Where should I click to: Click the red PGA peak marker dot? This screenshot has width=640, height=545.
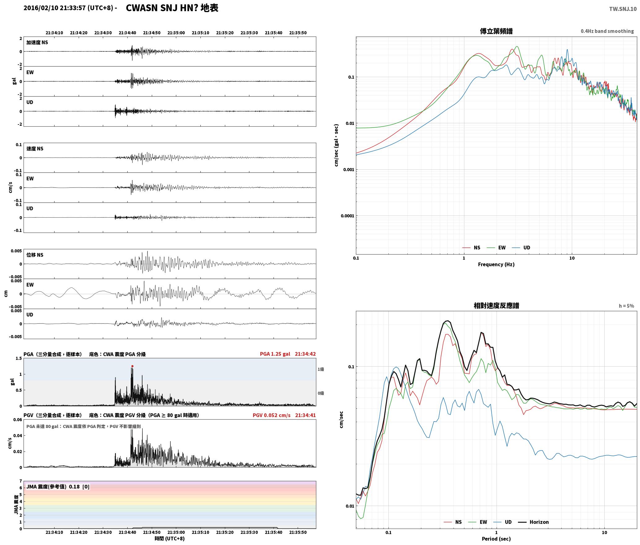click(132, 366)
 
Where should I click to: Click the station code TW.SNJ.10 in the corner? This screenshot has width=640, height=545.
click(623, 9)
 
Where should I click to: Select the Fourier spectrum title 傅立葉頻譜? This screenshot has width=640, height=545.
click(496, 31)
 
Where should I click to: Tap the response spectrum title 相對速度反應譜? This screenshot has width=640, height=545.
click(496, 306)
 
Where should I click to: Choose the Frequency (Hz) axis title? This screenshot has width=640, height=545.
click(496, 264)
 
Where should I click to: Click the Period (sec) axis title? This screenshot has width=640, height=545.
click(496, 538)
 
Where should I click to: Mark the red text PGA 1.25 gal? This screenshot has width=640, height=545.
click(275, 354)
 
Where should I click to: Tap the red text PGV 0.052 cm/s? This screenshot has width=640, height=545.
click(271, 415)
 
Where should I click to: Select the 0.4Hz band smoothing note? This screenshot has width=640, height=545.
click(607, 31)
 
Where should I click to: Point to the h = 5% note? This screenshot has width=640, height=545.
click(626, 306)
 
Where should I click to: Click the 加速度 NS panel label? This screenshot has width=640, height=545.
click(37, 42)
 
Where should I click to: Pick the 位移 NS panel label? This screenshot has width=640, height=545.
click(35, 255)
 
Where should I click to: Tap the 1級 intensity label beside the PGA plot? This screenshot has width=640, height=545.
click(321, 369)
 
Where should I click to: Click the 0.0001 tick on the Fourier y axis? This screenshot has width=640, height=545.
click(347, 216)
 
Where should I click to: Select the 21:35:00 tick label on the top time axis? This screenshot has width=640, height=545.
click(176, 33)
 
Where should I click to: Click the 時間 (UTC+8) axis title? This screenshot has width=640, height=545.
click(170, 538)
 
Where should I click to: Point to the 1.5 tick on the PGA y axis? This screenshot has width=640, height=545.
click(19, 358)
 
